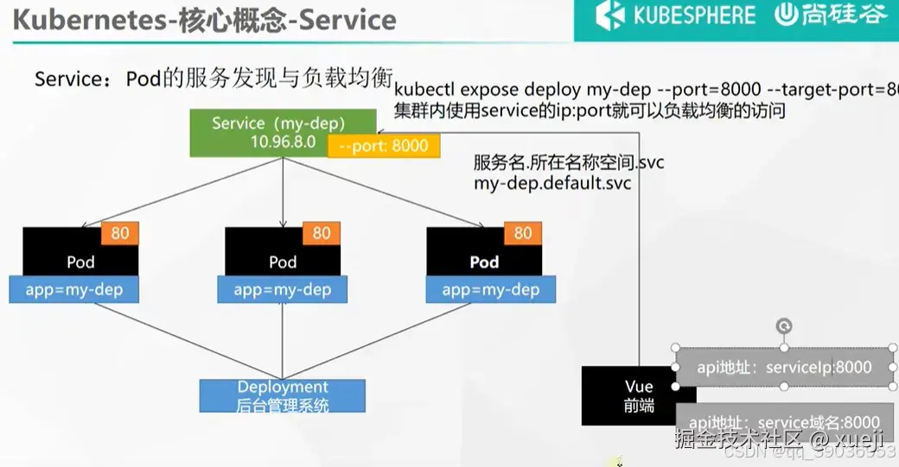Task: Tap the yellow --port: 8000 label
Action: (384, 146)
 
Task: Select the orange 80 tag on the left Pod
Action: (120, 233)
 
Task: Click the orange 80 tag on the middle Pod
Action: (322, 233)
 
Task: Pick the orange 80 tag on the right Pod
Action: (523, 233)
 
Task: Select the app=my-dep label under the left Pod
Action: (74, 290)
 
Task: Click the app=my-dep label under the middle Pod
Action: (283, 290)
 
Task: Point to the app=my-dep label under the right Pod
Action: (491, 290)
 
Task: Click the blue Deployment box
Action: (283, 395)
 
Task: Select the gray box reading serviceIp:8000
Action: (784, 367)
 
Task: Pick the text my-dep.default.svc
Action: (552, 183)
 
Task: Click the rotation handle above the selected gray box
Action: (784, 326)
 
